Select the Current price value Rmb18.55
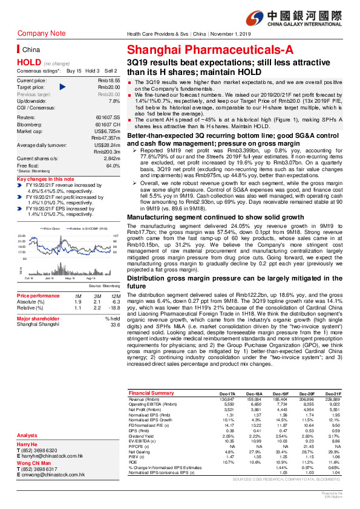[x=108, y=80]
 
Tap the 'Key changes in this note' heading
[x=46, y=180]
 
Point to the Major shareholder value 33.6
[x=114, y=324]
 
